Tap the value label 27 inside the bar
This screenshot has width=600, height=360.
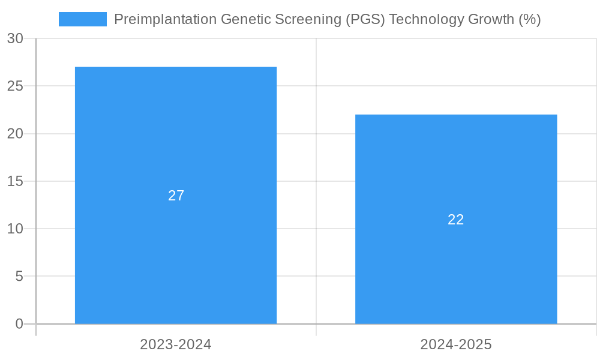[x=176, y=196]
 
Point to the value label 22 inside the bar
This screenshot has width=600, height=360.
[x=456, y=220]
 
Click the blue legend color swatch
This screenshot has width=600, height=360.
[x=83, y=19]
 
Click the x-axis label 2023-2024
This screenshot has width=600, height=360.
[x=176, y=344]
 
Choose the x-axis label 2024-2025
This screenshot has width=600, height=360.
[x=456, y=344]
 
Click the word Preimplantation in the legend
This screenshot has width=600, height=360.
[x=165, y=19]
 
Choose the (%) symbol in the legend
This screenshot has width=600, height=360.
[x=530, y=19]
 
